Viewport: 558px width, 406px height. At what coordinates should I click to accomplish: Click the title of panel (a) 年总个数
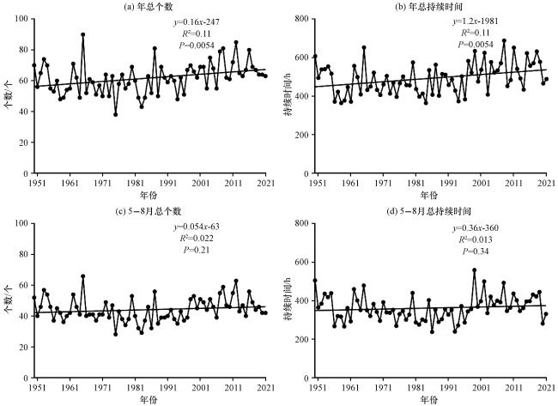149,7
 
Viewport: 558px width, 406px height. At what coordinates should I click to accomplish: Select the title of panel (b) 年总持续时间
428,7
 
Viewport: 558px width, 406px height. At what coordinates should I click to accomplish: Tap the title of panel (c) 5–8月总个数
149,211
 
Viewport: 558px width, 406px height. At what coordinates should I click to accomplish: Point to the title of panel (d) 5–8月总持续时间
429,211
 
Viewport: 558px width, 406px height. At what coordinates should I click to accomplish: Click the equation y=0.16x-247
197,22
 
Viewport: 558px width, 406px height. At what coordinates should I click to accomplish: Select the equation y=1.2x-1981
476,21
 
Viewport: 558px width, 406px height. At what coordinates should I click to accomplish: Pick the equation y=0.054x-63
197,227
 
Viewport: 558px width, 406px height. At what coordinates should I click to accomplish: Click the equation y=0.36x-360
476,228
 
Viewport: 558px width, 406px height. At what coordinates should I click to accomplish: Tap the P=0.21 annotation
197,250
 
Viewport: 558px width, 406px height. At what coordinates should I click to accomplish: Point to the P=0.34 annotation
476,251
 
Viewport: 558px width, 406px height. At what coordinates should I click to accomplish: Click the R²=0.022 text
197,239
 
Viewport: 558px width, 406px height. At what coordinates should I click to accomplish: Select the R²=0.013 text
476,239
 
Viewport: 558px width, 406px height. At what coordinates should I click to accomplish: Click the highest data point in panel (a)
83,34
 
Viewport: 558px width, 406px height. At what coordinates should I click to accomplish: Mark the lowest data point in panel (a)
115,114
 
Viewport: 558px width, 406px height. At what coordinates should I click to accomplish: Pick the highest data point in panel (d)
475,270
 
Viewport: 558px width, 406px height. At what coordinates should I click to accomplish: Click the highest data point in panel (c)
83,276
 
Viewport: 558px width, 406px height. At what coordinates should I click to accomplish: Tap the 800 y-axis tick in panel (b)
302,19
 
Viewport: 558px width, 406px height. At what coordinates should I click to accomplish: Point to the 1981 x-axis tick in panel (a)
135,183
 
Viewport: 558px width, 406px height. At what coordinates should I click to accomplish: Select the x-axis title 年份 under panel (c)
149,399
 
